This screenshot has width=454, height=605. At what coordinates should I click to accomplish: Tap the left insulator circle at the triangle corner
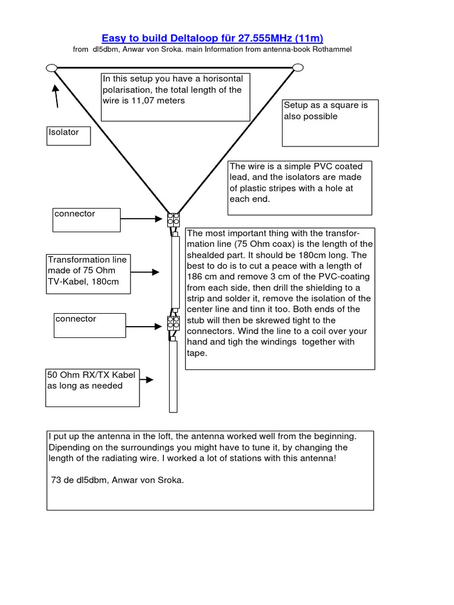(x=51, y=68)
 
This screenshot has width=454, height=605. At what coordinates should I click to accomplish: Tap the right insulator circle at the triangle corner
(x=299, y=68)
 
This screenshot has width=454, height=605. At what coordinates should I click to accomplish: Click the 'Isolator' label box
(x=69, y=135)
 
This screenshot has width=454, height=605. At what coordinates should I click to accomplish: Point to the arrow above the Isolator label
(x=57, y=96)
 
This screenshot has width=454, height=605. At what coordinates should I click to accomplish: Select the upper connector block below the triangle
(x=174, y=220)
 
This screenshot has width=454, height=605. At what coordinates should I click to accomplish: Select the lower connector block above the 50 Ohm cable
(x=174, y=323)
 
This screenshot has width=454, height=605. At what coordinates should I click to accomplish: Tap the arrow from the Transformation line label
(x=145, y=272)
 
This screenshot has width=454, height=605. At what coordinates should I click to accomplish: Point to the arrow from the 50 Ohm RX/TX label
(x=147, y=380)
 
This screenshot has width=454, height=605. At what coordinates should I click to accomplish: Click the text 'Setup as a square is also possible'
(x=326, y=110)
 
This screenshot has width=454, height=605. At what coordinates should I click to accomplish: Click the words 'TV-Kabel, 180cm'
(x=83, y=281)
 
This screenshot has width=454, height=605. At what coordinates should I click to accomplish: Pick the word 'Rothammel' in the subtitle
(x=329, y=50)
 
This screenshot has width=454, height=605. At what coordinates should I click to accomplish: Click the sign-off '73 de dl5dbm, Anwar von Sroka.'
(x=118, y=480)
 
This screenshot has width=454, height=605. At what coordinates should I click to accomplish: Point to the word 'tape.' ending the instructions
(x=197, y=353)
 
